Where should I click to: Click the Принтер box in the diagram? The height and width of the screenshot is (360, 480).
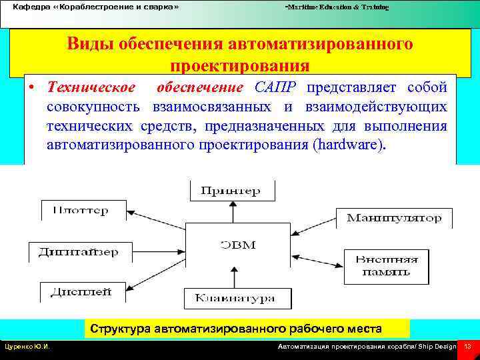(231, 191)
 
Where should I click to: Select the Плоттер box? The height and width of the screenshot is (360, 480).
(83, 210)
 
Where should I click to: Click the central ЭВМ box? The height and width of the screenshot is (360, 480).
(238, 245)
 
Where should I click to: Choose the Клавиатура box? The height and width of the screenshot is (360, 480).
(234, 298)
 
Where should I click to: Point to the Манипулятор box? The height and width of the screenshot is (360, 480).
(393, 218)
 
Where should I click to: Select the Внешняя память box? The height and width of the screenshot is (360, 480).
(387, 265)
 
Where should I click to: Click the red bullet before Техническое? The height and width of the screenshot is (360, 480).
(31, 89)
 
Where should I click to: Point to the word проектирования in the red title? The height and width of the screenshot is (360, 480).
(239, 66)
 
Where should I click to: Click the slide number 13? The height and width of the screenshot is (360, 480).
(467, 346)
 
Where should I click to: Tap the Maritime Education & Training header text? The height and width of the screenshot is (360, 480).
(337, 6)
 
